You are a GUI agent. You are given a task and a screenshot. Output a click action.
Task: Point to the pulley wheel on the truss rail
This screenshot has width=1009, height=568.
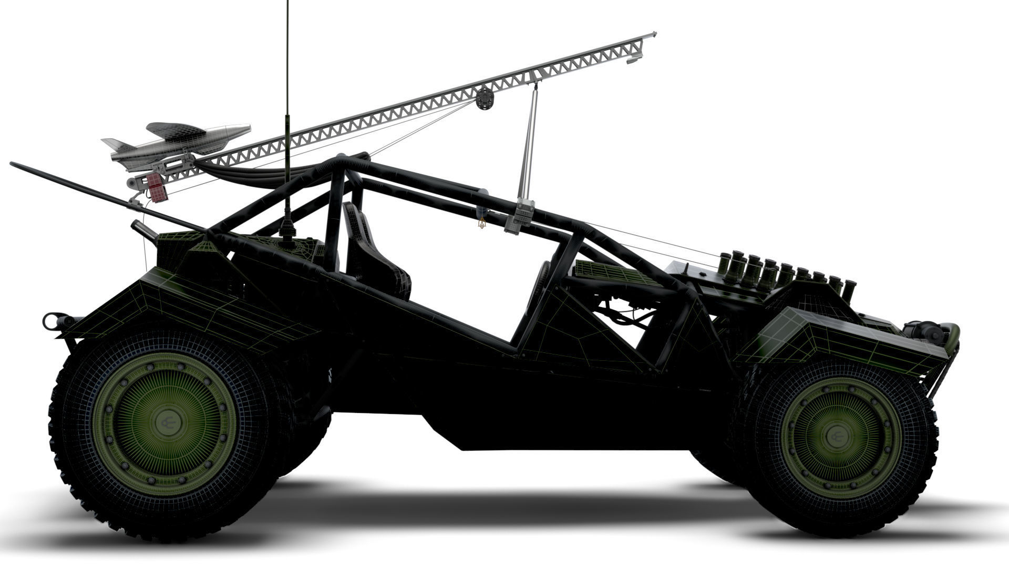484,98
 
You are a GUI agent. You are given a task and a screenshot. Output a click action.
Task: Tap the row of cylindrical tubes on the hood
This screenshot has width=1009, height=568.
783,271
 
